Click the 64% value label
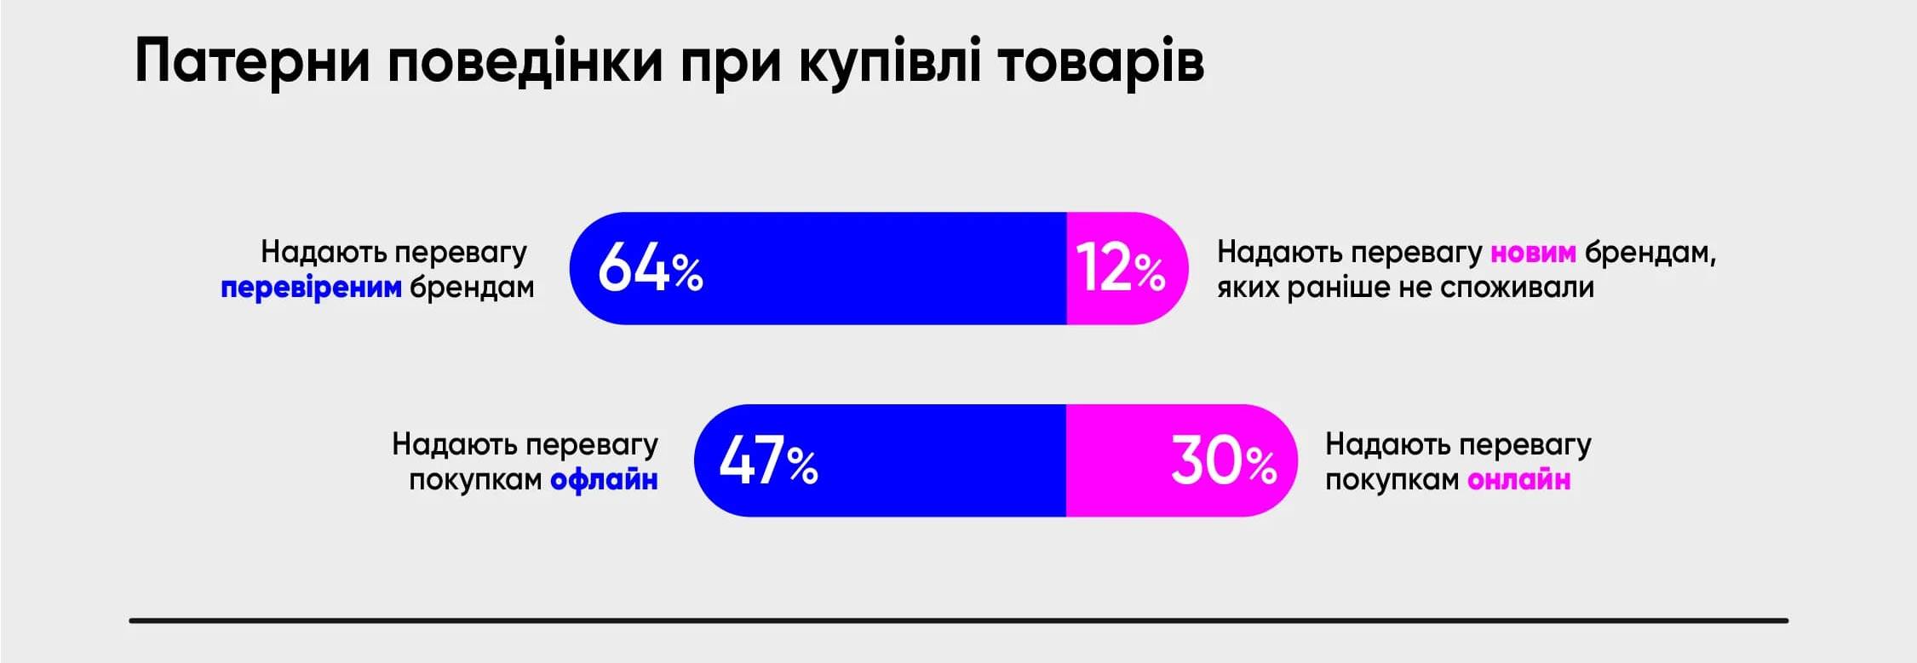650,268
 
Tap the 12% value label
1120,268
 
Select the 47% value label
768,461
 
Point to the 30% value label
1223,461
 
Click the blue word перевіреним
311,288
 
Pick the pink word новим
1533,252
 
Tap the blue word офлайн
604,480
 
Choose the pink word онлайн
1519,480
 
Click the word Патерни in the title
252,61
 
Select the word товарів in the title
1100,61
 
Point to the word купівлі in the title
890,61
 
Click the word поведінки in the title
525,61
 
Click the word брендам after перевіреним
472,288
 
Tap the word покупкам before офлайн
475,480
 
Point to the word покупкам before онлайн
1392,480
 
